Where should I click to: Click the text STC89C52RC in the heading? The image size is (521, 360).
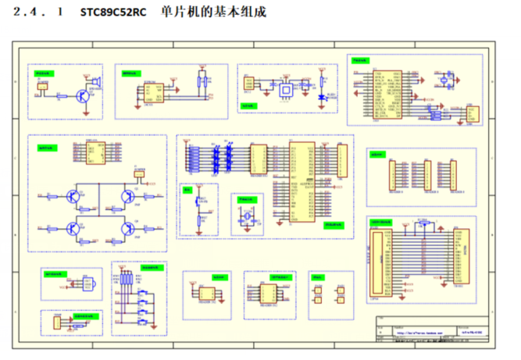[112, 12]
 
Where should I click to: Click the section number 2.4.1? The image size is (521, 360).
[39, 12]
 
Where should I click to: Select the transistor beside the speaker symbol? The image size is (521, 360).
[80, 96]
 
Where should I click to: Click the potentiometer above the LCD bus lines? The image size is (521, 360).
[423, 224]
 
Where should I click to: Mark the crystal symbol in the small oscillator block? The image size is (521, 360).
[247, 215]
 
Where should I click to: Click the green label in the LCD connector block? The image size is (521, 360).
[386, 220]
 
